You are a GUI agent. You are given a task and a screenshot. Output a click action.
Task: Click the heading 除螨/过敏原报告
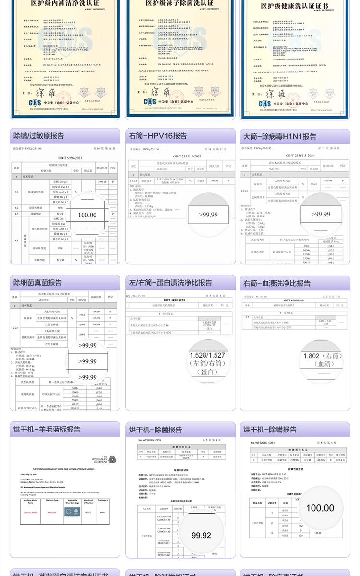tap(39, 136)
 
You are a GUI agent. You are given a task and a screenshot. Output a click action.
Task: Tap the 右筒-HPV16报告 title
tap(158, 136)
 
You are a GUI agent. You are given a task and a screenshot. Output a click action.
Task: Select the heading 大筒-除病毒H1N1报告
tap(280, 136)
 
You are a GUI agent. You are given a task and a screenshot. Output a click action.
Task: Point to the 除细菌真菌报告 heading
tap(37, 283)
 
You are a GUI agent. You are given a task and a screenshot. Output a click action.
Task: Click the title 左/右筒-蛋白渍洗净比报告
tap(170, 283)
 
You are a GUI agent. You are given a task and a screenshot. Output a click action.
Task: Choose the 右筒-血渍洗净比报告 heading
tap(277, 283)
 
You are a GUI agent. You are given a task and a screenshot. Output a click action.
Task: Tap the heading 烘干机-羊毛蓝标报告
tap(47, 429)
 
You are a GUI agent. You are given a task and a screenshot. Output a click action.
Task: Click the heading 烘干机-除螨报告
tap(270, 429)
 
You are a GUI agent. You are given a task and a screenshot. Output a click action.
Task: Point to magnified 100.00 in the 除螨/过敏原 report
tap(87, 215)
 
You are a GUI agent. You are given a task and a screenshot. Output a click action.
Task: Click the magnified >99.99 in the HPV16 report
tap(202, 215)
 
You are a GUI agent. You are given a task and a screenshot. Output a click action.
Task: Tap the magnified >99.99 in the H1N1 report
tap(320, 214)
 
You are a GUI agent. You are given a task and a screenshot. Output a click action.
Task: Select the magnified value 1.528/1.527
tap(207, 356)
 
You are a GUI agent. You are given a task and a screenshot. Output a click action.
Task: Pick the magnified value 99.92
tap(201, 535)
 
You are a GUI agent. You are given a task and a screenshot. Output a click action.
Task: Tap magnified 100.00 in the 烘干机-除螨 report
tap(320, 508)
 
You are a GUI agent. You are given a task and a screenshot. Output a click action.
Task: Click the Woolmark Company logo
tap(107, 459)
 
